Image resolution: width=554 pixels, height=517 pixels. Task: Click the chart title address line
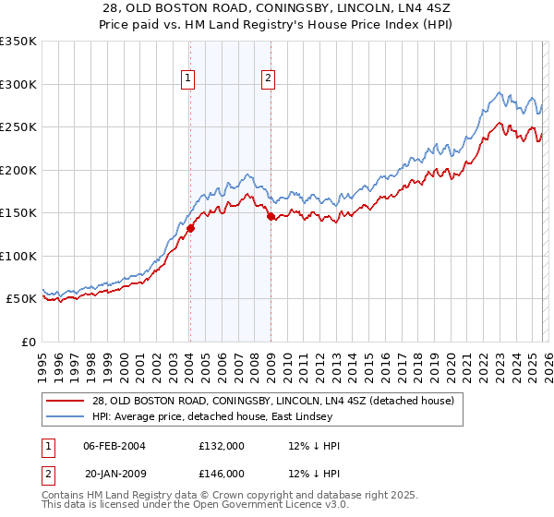(x=276, y=8)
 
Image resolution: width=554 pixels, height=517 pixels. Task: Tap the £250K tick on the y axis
(x=18, y=127)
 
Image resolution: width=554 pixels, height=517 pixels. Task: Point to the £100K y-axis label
(x=18, y=256)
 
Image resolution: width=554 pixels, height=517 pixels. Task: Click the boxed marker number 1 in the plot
(x=188, y=79)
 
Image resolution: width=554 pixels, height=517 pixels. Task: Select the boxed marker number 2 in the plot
(x=269, y=79)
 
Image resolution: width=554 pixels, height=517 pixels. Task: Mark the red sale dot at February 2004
(x=190, y=228)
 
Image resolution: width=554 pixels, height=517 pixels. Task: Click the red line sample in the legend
(x=66, y=402)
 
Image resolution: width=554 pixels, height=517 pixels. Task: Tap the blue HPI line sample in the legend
(x=66, y=417)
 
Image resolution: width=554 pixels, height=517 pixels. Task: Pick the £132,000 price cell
(x=222, y=446)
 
